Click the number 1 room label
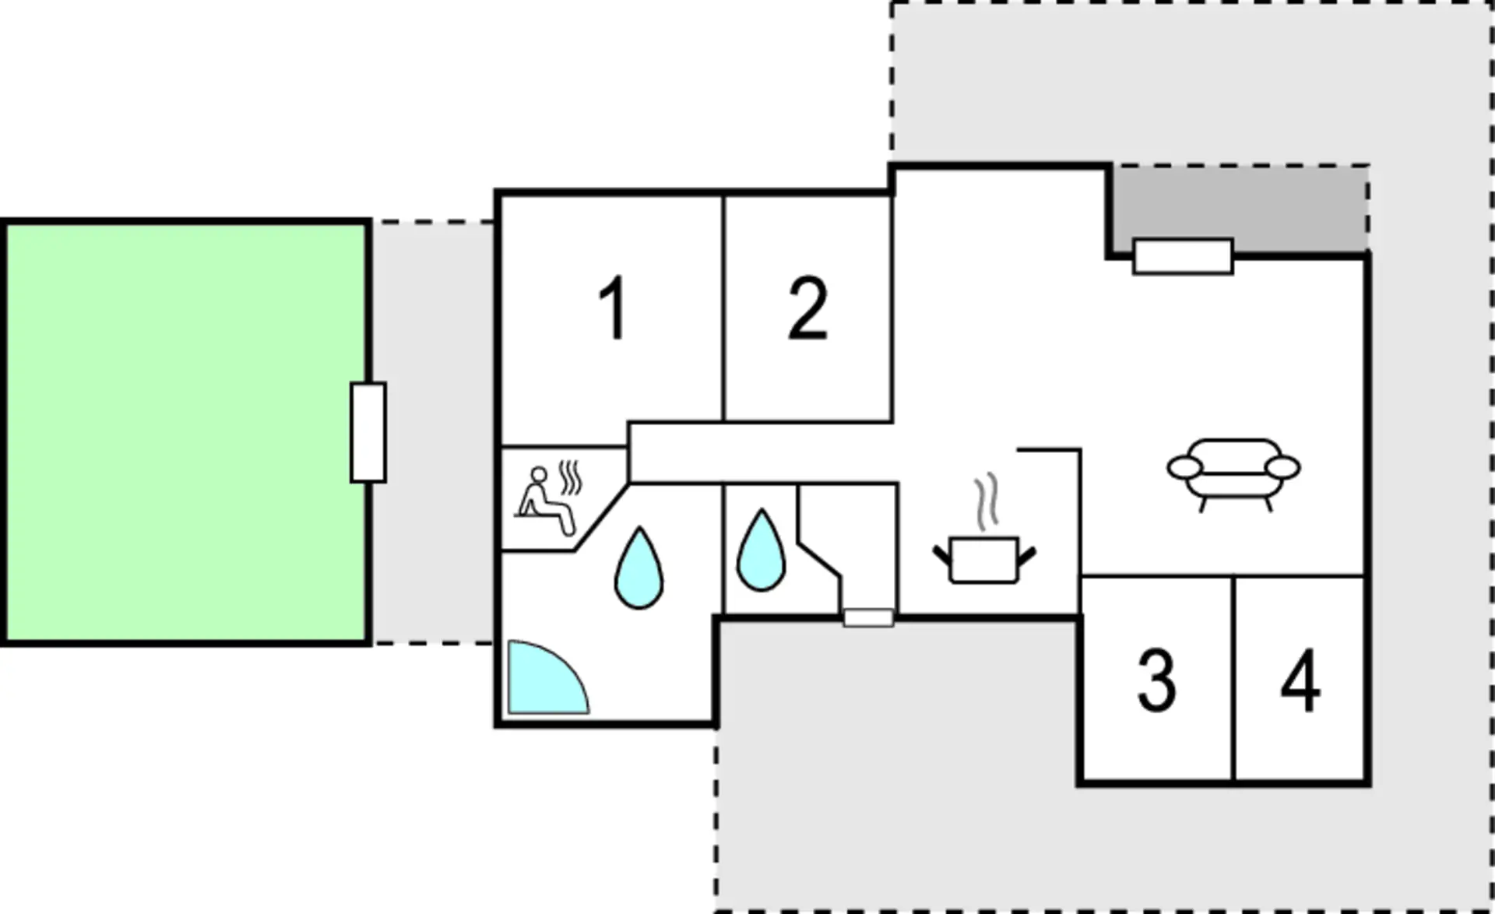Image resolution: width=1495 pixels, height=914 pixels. coord(614,308)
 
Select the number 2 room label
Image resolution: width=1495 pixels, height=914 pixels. coord(807,308)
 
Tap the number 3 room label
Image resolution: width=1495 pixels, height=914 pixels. coord(1156,680)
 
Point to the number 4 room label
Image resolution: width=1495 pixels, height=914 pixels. coord(1300,680)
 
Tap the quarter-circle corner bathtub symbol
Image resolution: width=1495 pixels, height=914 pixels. coord(547,677)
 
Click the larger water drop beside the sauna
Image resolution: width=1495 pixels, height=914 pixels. coord(639,568)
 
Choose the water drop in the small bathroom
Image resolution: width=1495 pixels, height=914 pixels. coord(761,550)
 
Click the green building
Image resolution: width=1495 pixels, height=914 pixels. coord(187,433)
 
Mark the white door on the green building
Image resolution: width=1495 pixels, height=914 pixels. coord(368,432)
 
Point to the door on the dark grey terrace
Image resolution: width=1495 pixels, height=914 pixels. coord(1183,257)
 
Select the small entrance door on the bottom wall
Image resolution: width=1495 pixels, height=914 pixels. coord(869,618)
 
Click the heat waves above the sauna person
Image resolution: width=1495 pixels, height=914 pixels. coord(571,478)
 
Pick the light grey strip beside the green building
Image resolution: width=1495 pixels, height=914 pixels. coord(433,433)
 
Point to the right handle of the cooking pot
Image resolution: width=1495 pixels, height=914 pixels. coord(1027,556)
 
